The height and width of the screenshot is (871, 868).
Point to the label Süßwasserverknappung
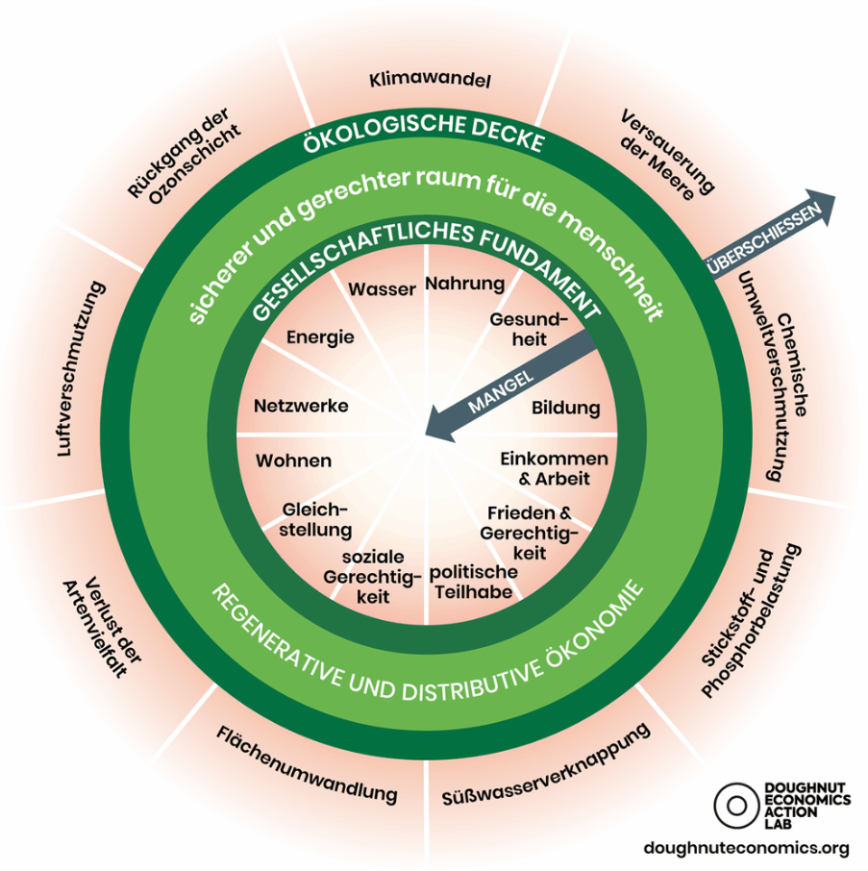pyautogui.click(x=547, y=765)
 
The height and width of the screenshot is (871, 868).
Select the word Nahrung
pyautogui.click(x=464, y=284)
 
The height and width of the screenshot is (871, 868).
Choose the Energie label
pyautogui.click(x=320, y=337)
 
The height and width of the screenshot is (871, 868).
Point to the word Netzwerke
pyautogui.click(x=301, y=406)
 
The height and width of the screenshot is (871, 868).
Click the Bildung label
pyautogui.click(x=565, y=408)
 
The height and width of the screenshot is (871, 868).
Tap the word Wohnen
pyautogui.click(x=293, y=460)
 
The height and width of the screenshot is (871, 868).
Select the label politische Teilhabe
pyautogui.click(x=473, y=582)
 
